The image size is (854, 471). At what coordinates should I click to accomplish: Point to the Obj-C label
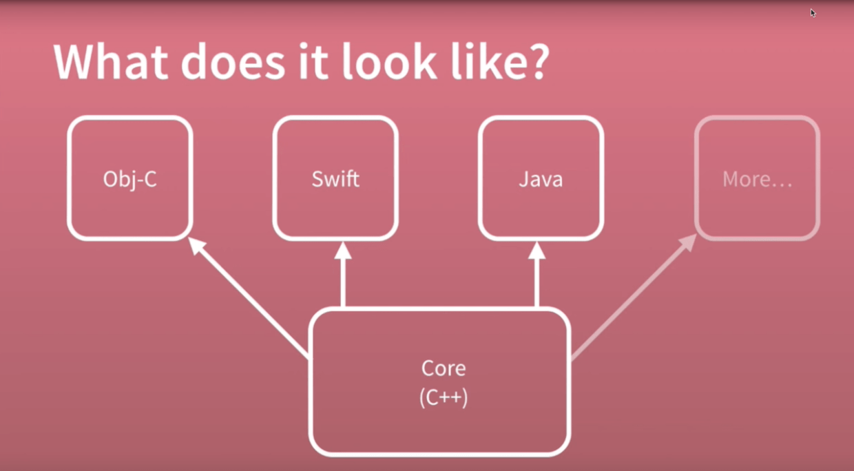point(129,180)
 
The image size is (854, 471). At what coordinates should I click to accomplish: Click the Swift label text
point(335,179)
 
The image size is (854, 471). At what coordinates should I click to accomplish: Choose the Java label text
point(541,179)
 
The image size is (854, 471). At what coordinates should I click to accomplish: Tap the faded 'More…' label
point(757,180)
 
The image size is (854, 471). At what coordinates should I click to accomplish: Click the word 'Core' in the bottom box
point(444,368)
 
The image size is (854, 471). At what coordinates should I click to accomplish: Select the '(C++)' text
point(444,397)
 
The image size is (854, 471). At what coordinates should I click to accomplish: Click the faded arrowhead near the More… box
point(689,242)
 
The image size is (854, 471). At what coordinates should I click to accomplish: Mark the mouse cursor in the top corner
point(813,12)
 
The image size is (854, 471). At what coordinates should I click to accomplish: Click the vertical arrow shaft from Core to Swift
point(343,282)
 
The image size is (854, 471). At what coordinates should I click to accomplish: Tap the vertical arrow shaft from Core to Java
point(537,282)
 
